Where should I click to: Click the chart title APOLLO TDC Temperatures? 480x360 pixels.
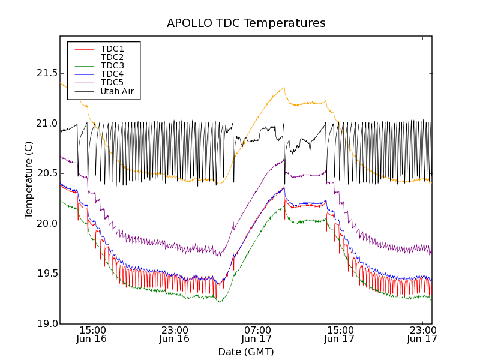[246, 23]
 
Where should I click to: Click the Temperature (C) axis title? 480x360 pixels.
[29, 180]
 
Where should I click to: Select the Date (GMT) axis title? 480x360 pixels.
[246, 352]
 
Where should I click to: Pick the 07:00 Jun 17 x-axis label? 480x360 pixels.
[257, 334]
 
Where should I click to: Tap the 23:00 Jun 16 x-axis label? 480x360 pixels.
[175, 334]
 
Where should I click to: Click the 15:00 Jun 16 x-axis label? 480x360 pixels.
[92, 334]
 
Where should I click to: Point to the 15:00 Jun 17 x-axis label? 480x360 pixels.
[340, 334]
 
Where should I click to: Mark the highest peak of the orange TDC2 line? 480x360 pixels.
[283, 88]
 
